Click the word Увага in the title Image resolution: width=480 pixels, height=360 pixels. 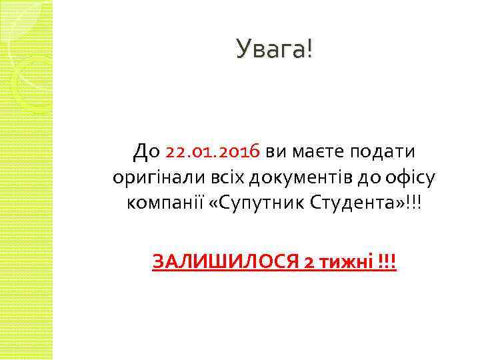(270, 49)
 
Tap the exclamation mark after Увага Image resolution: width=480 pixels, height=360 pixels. (308, 49)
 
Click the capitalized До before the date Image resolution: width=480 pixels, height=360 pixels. (147, 152)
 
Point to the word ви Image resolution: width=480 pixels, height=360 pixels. (277, 152)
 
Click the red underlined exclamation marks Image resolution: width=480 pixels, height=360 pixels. (386, 262)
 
